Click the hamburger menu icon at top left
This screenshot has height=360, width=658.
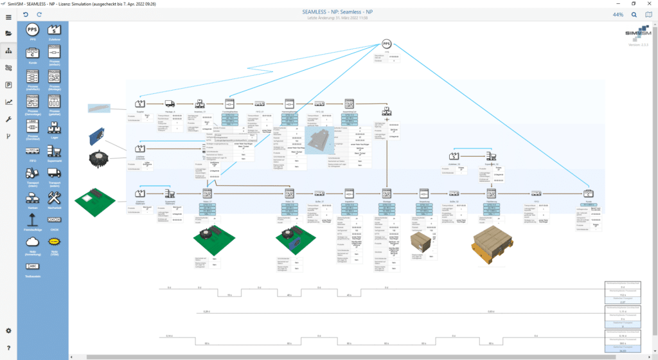click(x=8, y=14)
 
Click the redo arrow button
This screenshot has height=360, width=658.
click(x=40, y=14)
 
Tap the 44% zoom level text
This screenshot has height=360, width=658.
click(x=618, y=14)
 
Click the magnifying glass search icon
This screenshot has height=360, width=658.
click(x=634, y=14)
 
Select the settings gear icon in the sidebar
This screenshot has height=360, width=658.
click(x=8, y=330)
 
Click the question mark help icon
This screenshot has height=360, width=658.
click(x=8, y=347)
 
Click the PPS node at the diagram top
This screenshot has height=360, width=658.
click(x=386, y=44)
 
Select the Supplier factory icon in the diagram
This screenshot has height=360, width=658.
click(x=140, y=103)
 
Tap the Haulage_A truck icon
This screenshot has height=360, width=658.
click(x=170, y=103)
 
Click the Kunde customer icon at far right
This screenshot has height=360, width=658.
click(x=587, y=193)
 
